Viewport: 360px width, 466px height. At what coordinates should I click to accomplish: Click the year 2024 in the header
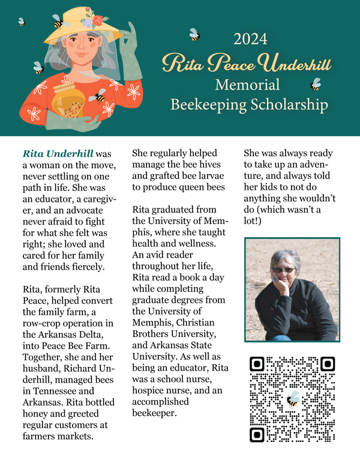(x=250, y=40)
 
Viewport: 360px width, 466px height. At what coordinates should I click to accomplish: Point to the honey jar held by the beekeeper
(x=68, y=100)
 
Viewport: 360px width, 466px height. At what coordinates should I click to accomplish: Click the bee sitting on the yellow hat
(x=58, y=22)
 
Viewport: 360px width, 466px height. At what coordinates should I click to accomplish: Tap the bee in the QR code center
(x=292, y=399)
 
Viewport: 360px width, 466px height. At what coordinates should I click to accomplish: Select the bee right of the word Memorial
(x=315, y=84)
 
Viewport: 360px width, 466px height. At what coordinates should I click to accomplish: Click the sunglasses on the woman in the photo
(x=284, y=270)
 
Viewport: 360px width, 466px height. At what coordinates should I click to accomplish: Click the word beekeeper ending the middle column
(x=153, y=414)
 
